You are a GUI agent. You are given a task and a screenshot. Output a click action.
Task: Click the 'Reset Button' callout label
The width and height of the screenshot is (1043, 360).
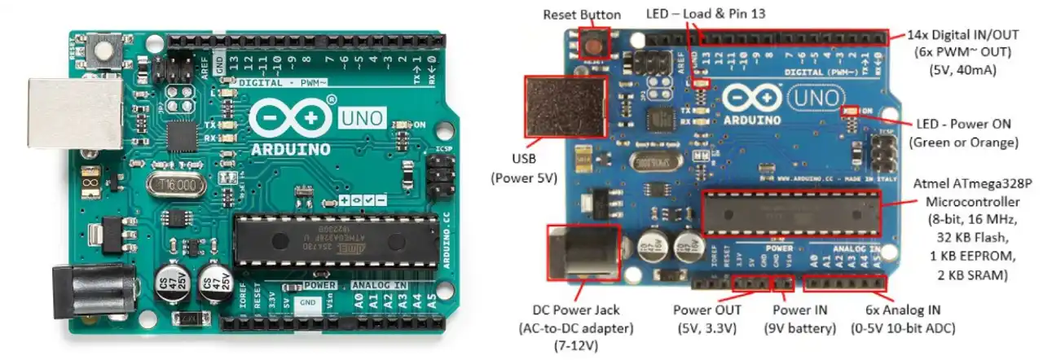pos(582,15)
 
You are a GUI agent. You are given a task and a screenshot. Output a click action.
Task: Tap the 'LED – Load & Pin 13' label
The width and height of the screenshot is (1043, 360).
pos(706,14)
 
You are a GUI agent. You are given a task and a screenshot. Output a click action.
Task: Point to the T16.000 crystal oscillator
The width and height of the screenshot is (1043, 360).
pos(176,184)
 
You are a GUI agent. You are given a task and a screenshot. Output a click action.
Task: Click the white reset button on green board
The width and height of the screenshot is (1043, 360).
pos(104,54)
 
